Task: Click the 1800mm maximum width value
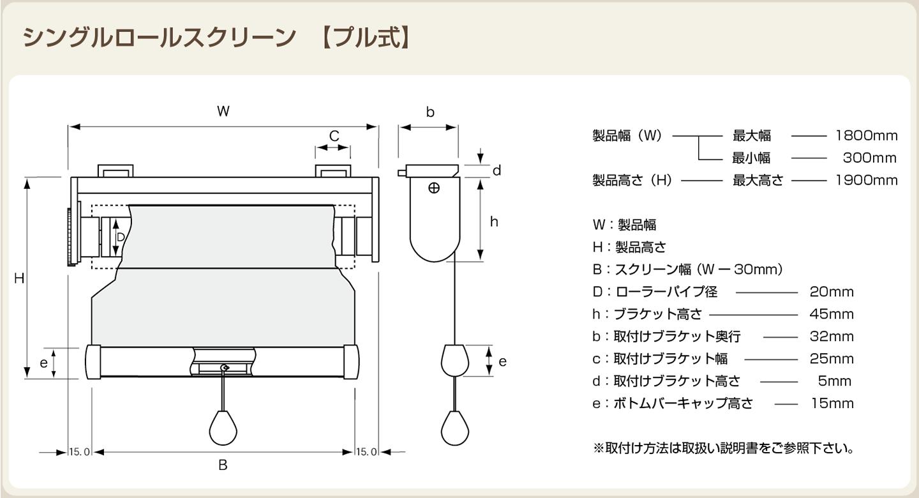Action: (867, 135)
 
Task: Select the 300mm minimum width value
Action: (869, 158)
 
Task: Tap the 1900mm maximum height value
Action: (867, 180)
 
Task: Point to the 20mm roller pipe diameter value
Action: (831, 292)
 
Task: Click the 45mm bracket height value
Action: (831, 314)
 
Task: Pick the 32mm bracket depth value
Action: (831, 336)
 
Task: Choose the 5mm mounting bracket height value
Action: (835, 381)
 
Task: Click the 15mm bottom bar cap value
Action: (832, 403)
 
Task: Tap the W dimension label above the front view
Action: (223, 111)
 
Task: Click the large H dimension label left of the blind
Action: (19, 278)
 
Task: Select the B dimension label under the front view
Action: (223, 465)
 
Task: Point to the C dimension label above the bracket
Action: (334, 136)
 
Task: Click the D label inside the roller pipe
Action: (121, 238)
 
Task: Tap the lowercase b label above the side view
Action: (430, 112)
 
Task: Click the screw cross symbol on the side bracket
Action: (434, 188)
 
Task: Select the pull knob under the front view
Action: (223, 428)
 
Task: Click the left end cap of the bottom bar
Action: (93, 362)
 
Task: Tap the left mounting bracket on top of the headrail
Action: (116, 171)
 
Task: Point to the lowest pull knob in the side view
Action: (455, 428)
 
